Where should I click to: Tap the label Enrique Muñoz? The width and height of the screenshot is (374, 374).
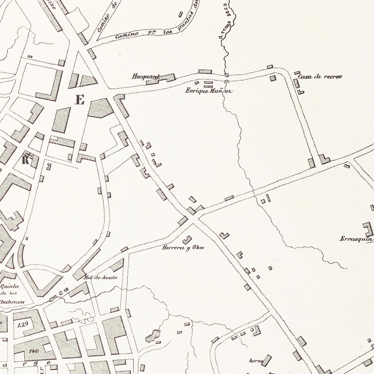209,91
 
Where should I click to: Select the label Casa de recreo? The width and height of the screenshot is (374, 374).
320,77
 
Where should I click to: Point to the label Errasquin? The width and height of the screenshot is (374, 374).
356,239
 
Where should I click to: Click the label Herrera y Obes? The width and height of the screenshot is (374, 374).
183,248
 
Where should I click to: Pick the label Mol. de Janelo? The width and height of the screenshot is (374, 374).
100,277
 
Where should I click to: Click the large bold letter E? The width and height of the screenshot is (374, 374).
80,100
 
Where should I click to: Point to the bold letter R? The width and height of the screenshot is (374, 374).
25,160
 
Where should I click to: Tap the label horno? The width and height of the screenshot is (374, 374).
256,361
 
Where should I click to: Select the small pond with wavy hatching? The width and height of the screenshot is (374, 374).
152,335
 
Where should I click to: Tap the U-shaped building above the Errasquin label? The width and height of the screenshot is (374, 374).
368,229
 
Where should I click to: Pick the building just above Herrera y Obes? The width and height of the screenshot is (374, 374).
187,240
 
